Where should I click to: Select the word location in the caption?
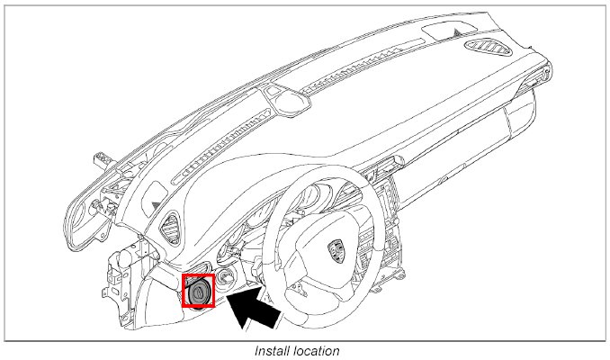click(318, 351)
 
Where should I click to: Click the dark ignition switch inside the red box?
click(198, 292)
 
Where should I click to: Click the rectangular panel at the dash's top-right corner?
click(444, 32)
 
